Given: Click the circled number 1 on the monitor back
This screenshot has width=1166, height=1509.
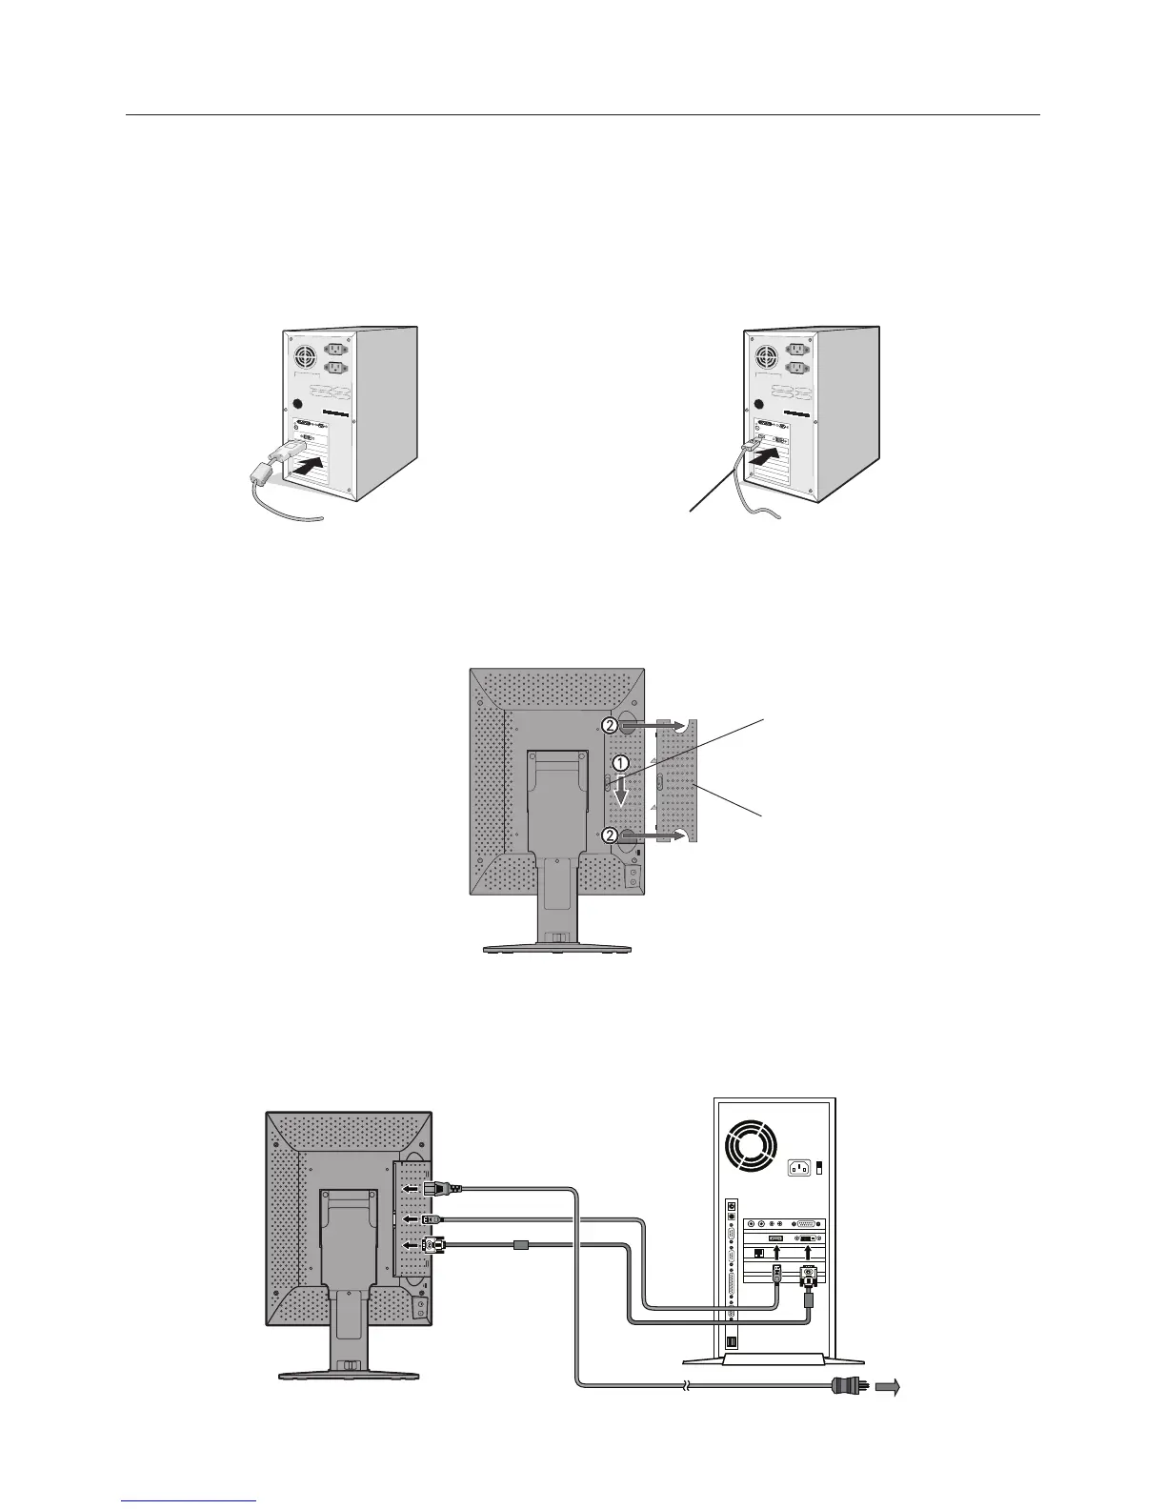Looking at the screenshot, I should (x=620, y=763).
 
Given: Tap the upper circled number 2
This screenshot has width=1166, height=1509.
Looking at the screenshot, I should (x=610, y=725).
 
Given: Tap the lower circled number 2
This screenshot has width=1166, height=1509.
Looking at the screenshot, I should (x=610, y=835).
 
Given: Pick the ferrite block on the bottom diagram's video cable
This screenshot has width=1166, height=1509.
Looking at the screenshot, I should (x=520, y=1244).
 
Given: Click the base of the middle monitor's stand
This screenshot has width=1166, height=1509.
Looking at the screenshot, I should (x=556, y=948).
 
